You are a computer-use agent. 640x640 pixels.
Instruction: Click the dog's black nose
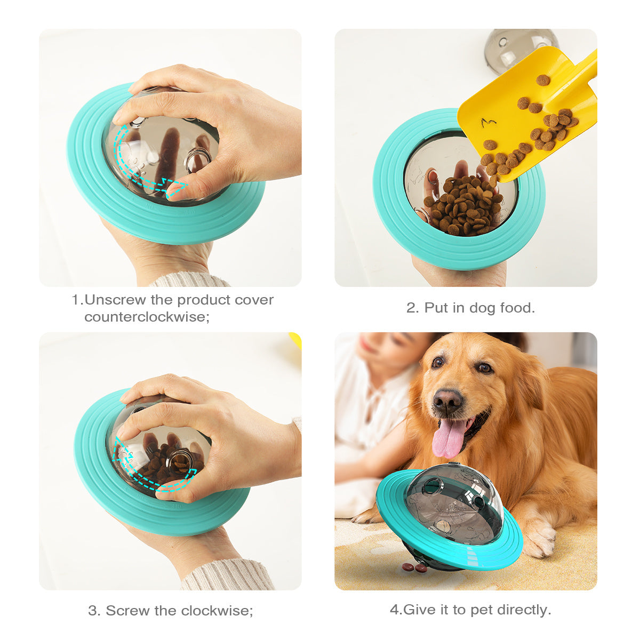pyautogui.click(x=447, y=401)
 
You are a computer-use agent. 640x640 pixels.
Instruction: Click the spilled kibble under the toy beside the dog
pyautogui.click(x=414, y=567)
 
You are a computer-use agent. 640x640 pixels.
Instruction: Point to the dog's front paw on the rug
pyautogui.click(x=539, y=539)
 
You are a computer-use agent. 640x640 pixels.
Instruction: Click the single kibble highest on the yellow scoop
pyautogui.click(x=542, y=80)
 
